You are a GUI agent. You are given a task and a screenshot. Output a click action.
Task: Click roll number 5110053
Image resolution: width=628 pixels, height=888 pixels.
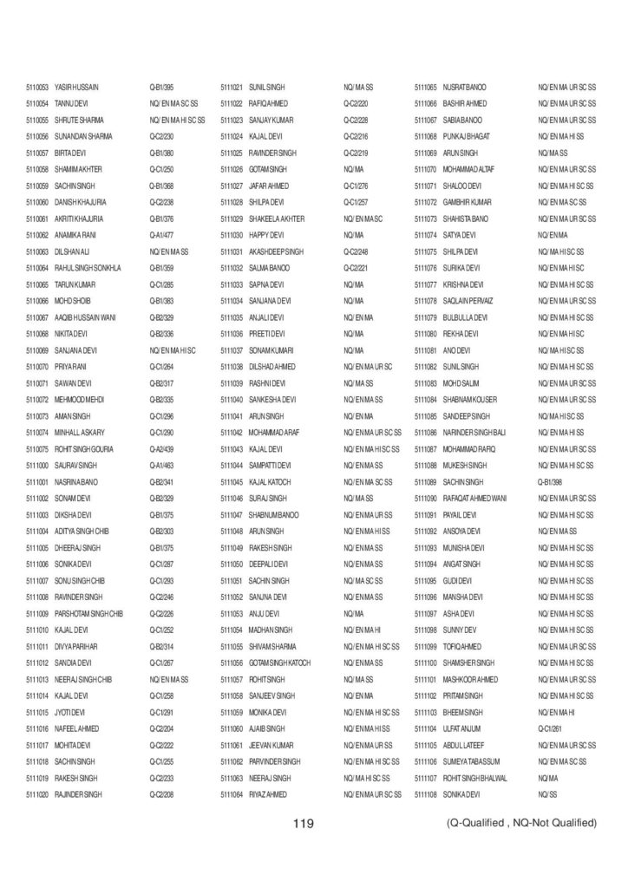38,88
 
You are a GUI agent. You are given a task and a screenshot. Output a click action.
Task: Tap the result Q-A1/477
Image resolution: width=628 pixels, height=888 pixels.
162,234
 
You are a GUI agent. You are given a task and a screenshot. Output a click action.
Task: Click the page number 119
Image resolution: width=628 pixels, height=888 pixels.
303,822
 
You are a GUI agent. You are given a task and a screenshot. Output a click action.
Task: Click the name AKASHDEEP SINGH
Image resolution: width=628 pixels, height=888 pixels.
275,251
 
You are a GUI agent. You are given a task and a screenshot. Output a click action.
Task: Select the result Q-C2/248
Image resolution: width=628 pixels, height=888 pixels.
357,251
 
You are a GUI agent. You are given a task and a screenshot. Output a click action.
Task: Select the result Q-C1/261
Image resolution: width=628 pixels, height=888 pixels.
551,728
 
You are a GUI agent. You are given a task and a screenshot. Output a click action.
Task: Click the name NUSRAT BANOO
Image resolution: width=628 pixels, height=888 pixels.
464,88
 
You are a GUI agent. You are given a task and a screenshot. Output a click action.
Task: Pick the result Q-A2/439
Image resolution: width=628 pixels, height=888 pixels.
162,448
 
